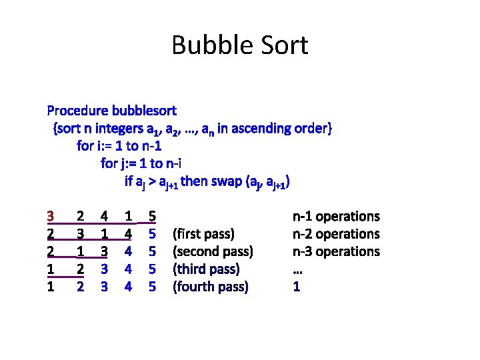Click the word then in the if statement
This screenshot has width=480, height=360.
194,181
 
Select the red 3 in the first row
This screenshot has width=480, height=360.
51,216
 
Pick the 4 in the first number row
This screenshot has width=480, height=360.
104,216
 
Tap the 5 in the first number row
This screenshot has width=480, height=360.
152,216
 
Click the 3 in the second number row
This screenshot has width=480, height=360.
80,234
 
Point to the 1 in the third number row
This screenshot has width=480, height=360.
80,251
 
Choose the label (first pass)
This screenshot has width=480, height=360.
203,234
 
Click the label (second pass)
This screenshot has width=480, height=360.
213,251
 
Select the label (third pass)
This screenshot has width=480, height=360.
206,269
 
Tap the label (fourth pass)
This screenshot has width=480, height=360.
210,287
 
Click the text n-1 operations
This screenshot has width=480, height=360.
336,216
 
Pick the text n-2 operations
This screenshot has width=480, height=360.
336,234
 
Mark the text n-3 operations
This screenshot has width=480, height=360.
336,251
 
